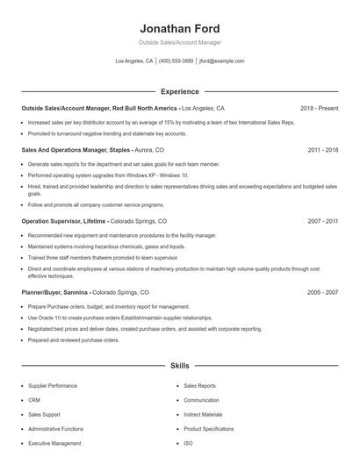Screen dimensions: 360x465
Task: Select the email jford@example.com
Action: tap(221, 61)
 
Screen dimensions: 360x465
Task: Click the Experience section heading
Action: tap(180, 91)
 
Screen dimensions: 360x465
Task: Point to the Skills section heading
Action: tap(180, 364)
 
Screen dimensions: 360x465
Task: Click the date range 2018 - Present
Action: tap(319, 108)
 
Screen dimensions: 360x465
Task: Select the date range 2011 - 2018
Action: tap(323, 150)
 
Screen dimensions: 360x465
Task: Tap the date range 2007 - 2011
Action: tap(323, 222)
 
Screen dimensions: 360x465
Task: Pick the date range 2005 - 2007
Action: tap(323, 291)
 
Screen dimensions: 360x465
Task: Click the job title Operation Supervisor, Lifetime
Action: tap(64, 222)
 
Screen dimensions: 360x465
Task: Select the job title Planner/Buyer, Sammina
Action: tap(54, 291)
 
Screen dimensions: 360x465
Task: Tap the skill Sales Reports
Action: tap(200, 385)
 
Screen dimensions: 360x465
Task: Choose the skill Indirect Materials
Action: tap(205, 414)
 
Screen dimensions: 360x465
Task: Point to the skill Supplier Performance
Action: tap(53, 385)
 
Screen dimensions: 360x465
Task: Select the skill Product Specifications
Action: tap(209, 429)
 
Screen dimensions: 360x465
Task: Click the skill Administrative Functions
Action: tap(55, 429)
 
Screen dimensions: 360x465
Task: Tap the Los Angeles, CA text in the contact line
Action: tap(134, 61)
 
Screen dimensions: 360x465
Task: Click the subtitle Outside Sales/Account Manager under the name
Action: tap(180, 42)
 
